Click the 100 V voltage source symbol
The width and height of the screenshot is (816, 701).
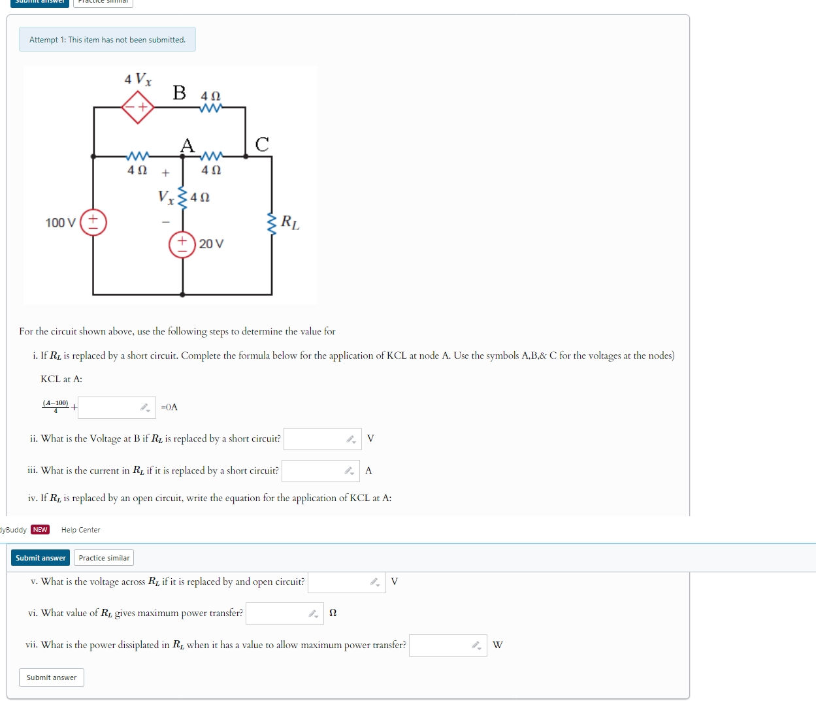pyautogui.click(x=93, y=222)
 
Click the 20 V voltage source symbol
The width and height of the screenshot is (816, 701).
pyautogui.click(x=182, y=244)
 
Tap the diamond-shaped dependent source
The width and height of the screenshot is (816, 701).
pyautogui.click(x=138, y=107)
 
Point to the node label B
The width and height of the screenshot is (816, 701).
pyautogui.click(x=179, y=93)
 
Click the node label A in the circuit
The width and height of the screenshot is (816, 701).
pyautogui.click(x=188, y=145)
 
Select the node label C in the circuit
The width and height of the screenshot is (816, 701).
pyautogui.click(x=262, y=144)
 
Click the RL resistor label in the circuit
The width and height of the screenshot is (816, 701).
pyautogui.click(x=290, y=223)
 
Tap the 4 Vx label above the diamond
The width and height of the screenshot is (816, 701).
pyautogui.click(x=138, y=80)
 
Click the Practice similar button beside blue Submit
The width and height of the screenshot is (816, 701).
pyautogui.click(x=104, y=558)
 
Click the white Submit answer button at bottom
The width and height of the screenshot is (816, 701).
pyautogui.click(x=52, y=677)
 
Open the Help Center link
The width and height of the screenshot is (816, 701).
pyautogui.click(x=81, y=530)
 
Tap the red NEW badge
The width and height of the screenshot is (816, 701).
pyautogui.click(x=41, y=530)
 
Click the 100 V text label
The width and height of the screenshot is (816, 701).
pyautogui.click(x=60, y=223)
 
